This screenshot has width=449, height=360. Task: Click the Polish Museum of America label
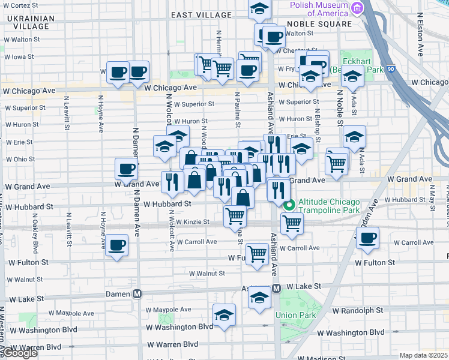(x=319, y=8)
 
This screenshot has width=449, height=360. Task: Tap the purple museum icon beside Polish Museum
(x=358, y=8)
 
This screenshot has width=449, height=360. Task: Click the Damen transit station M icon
(x=137, y=293)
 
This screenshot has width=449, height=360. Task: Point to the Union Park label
(x=295, y=315)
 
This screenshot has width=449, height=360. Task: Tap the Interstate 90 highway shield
(x=390, y=69)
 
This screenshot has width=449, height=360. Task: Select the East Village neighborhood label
(x=201, y=14)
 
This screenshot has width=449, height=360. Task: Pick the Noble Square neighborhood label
(x=319, y=24)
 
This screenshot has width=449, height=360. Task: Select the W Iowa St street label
(x=21, y=56)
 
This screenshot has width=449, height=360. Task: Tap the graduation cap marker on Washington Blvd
(x=224, y=315)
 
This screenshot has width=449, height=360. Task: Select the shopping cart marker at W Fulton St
(x=257, y=253)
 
